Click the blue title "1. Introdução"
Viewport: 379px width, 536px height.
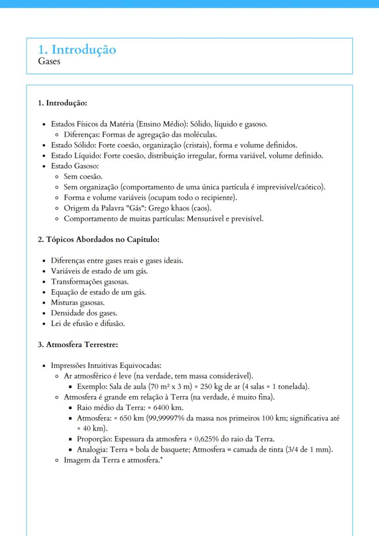pos(77,49)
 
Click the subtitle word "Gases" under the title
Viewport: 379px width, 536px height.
pos(49,61)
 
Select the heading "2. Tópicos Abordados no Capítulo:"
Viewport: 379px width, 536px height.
pos(98,239)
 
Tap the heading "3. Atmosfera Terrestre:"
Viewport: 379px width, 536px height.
pos(78,344)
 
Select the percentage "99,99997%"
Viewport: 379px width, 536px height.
pos(167,418)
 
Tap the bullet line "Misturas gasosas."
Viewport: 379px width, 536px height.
pos(78,303)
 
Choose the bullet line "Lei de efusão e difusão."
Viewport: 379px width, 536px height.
pos(88,324)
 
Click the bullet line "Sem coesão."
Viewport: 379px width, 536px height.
pos(83,176)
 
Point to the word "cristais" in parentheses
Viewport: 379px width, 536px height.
pos(196,145)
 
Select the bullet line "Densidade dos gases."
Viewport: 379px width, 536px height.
pos(84,313)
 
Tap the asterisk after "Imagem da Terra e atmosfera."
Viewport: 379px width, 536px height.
pos(161,459)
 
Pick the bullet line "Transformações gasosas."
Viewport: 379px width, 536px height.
pos(90,282)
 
